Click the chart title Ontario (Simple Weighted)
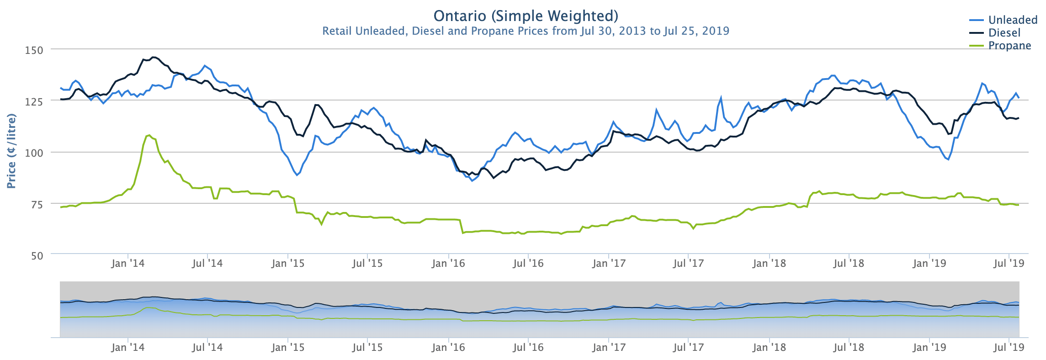point(526,16)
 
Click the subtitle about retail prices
point(526,31)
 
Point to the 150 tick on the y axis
point(34,50)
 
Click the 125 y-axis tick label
point(34,101)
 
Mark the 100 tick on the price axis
point(34,153)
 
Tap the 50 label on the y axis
point(37,256)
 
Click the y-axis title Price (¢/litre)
point(11,151)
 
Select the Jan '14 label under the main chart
point(127,264)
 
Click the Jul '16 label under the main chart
point(528,264)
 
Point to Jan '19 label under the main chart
point(929,264)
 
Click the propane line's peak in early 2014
point(149,135)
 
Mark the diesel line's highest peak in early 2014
point(154,57)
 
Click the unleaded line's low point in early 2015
point(297,175)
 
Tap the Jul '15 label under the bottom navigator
point(367,348)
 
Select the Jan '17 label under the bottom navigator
point(609,348)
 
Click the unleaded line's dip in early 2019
point(948,159)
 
